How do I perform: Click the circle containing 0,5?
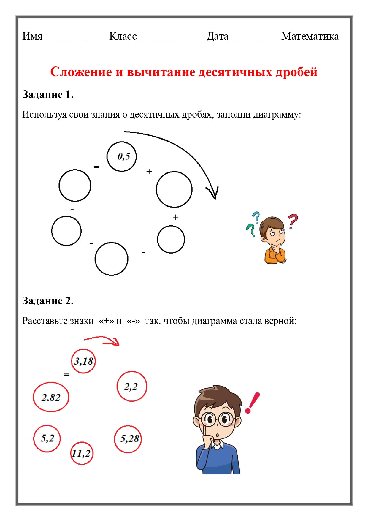[122, 156]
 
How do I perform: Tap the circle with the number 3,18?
[83, 361]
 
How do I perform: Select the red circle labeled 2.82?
[51, 397]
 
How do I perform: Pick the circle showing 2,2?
[132, 386]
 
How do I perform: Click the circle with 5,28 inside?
[128, 439]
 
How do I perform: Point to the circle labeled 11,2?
[82, 453]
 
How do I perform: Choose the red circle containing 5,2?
[47, 438]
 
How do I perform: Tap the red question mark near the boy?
[293, 221]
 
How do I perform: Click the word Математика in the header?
[310, 36]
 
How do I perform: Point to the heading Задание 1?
[48, 94]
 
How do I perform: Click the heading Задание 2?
[48, 301]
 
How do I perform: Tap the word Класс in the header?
[123, 36]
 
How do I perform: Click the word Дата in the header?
[218, 36]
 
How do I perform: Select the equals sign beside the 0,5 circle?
[96, 167]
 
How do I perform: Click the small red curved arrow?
[102, 341]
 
